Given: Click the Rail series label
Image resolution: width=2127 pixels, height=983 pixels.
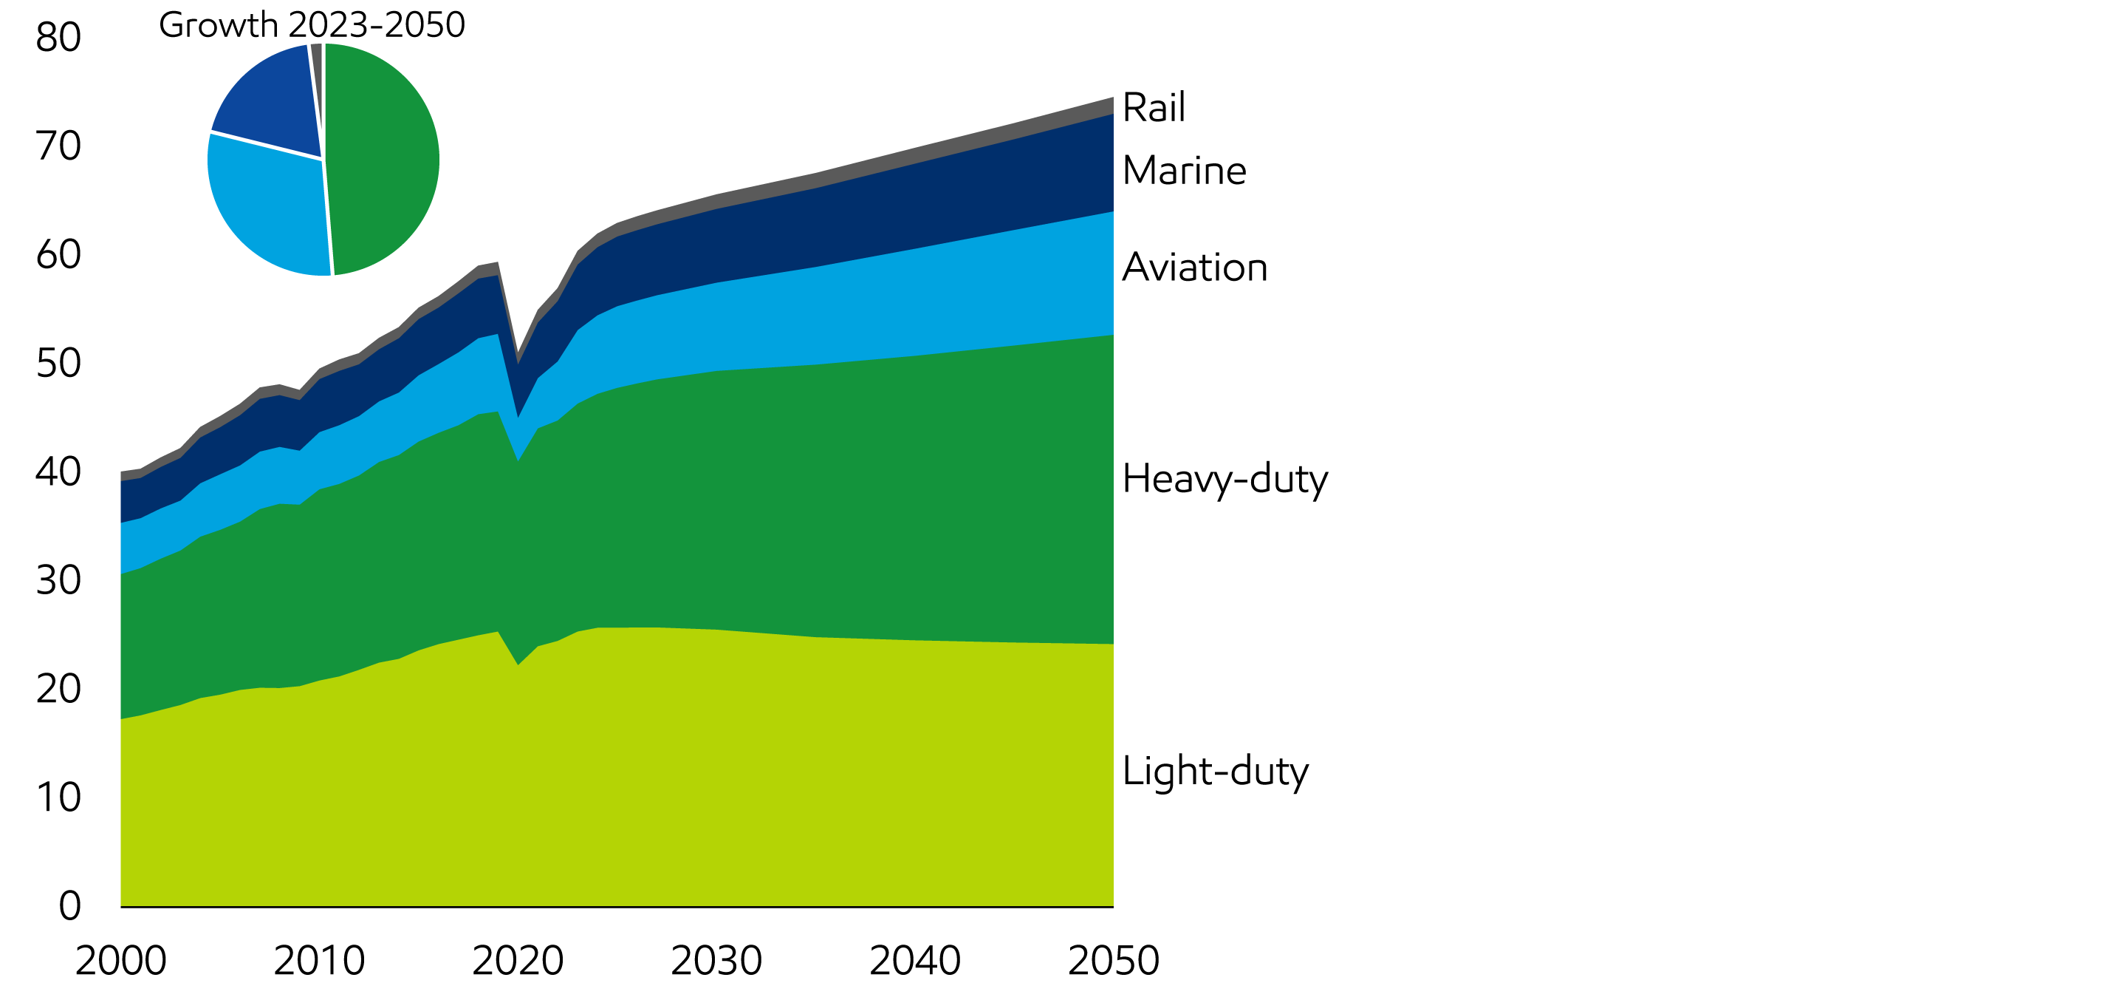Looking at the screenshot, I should tap(1153, 107).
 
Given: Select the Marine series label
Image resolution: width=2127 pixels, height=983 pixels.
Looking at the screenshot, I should tap(1183, 171).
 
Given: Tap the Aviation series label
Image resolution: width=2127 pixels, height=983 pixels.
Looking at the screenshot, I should tap(1194, 268).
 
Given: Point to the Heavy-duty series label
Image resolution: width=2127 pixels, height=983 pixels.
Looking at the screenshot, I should tap(1225, 479).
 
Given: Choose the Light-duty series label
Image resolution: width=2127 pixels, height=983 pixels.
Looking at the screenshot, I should tap(1215, 772).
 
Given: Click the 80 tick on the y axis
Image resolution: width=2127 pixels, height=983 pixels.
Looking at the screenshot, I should tap(58, 37).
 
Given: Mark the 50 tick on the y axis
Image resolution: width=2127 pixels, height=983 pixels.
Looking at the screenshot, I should tap(58, 364).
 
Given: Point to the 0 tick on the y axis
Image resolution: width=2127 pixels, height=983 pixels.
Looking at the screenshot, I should tap(70, 906).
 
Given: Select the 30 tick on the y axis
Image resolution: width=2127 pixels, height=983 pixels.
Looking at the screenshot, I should tap(58, 581).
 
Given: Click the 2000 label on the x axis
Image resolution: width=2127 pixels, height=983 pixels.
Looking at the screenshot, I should tap(120, 961).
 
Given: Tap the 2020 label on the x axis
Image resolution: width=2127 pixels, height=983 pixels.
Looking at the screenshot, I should tap(518, 961).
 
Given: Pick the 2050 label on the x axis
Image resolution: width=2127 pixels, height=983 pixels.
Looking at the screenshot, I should tap(1113, 961).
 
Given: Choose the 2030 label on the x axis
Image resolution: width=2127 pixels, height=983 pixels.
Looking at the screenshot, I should tap(716, 961).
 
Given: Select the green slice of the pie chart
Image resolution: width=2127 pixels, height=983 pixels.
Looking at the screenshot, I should tap(384, 157).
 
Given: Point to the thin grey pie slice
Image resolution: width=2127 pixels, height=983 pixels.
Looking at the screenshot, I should tap(316, 58).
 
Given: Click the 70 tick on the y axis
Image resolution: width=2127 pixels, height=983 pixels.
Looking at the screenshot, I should tap(58, 146).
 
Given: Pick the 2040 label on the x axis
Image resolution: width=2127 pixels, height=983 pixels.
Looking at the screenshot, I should tap(915, 961).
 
